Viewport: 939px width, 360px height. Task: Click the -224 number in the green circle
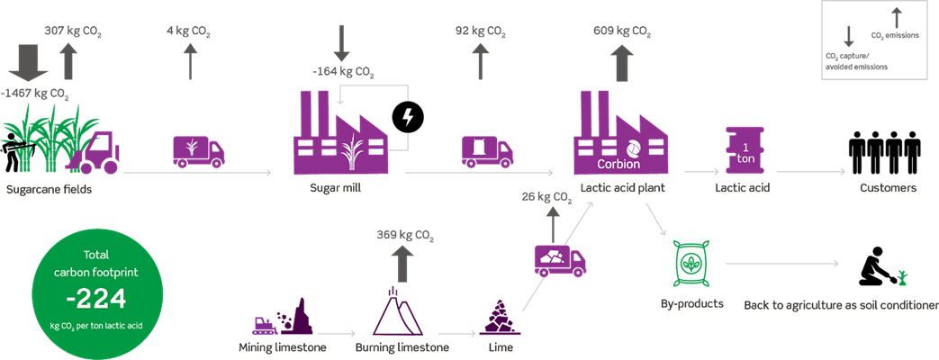click(86, 298)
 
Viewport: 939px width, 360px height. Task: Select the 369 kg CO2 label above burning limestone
click(405, 237)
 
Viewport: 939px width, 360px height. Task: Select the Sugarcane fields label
click(50, 190)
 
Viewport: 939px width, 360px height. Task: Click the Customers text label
click(888, 189)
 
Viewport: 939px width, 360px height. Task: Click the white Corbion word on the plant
click(618, 165)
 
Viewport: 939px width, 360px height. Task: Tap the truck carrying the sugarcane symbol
click(197, 151)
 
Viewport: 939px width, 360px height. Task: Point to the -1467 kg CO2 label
click(35, 94)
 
